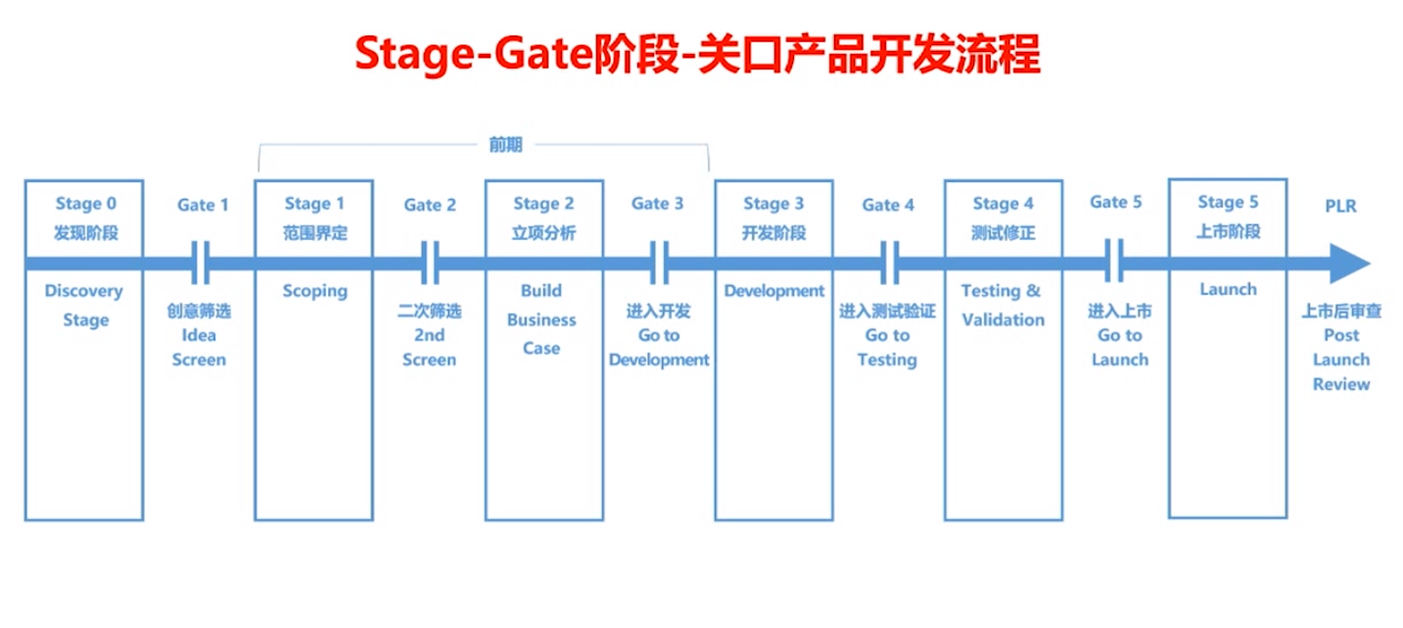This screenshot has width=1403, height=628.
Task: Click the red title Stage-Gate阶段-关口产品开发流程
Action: coord(697,55)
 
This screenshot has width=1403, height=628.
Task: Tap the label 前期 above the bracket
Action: coord(505,145)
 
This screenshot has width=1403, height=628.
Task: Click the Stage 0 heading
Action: coord(86,203)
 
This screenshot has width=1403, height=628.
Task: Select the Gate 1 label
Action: coord(203,205)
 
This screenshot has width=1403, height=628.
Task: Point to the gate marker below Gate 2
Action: coord(430,263)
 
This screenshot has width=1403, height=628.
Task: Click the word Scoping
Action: coord(314,291)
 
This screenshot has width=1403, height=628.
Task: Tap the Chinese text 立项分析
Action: coord(543,233)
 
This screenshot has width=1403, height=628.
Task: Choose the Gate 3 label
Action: coord(657,203)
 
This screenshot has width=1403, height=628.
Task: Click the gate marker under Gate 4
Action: coord(889,263)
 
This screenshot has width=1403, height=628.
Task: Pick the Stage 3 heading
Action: coord(773,203)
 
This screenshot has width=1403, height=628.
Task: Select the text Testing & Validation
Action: coord(1003,306)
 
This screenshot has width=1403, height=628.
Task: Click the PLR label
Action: coord(1340,206)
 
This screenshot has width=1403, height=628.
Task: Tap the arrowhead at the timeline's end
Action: coord(1350,264)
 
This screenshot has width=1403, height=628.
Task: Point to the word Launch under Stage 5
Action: coord(1229,289)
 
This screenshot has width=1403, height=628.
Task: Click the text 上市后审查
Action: coord(1341,311)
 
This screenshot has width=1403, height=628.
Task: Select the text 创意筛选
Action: coord(199,311)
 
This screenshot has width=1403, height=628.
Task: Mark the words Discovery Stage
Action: coord(84,306)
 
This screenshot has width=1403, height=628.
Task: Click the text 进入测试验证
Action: coord(888,311)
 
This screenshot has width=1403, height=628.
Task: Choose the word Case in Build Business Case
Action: coord(541,348)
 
